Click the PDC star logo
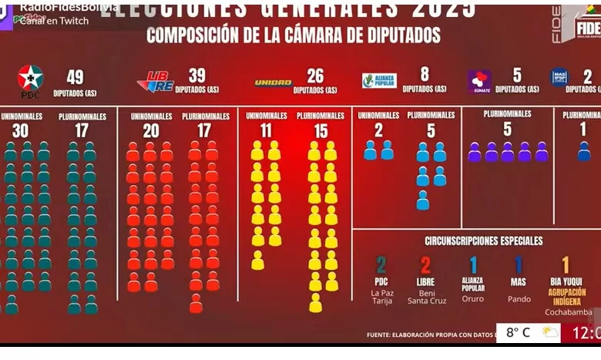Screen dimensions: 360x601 (30, 78)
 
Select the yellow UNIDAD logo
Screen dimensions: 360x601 (273, 82)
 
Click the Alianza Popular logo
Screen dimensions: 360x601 (379, 80)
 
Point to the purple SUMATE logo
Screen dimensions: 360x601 (479, 81)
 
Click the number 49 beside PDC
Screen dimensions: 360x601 (75, 77)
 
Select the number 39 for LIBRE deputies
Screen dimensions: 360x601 (196, 76)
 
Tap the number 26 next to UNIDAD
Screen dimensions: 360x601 (315, 76)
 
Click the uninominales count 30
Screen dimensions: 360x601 (20, 131)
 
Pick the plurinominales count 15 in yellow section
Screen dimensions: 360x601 (321, 131)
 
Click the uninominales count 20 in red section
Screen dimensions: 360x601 (151, 131)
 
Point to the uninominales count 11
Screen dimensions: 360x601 (266, 131)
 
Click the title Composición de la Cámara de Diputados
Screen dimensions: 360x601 (294, 35)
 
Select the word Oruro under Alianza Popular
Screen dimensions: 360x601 (473, 298)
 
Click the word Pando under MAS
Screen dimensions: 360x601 (519, 298)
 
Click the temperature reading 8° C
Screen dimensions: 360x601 (518, 333)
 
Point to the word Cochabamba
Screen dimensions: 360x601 (569, 312)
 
